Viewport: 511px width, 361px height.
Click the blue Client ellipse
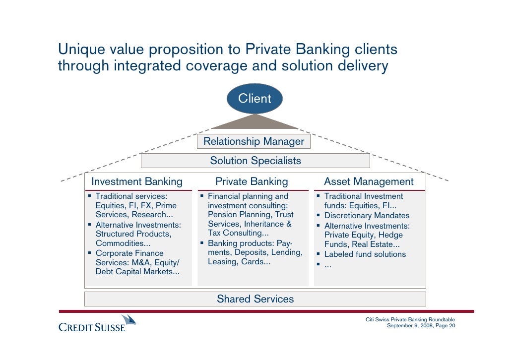tap(255, 98)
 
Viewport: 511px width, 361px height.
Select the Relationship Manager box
tap(254, 141)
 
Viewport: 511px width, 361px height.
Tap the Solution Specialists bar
tap(255, 161)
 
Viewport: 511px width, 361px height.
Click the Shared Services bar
tap(255, 299)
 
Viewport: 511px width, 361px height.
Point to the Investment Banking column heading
tap(137, 181)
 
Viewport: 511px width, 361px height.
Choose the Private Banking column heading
tap(252, 181)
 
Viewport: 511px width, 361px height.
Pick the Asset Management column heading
tap(369, 181)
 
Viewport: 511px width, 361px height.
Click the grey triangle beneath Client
tap(255, 122)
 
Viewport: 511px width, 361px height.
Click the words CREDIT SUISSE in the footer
tap(92, 328)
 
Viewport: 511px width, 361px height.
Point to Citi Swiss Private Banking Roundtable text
tap(410, 319)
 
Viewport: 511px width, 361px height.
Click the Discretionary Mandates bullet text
tap(367, 216)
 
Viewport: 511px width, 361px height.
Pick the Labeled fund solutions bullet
tap(365, 254)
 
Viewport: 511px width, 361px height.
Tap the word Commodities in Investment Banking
tap(116, 243)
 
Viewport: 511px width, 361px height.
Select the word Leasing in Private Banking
tap(222, 262)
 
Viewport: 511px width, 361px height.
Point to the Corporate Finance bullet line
tap(129, 253)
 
